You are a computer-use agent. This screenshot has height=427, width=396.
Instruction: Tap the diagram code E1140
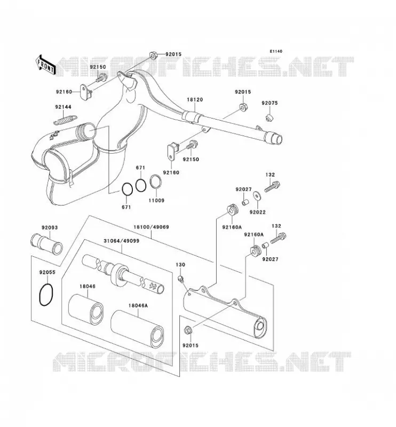pos(276,51)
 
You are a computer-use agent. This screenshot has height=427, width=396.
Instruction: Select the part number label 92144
pos(63,107)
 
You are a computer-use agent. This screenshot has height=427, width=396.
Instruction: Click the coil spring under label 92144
pos(65,120)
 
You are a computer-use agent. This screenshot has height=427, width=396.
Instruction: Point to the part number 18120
pos(195,100)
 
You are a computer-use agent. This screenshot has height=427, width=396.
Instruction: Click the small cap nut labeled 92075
pos(270,117)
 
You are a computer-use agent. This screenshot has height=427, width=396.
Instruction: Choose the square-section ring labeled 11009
pos(156,181)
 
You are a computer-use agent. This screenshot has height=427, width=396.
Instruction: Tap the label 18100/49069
pos(151,227)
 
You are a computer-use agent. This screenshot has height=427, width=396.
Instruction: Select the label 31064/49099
pos(122,241)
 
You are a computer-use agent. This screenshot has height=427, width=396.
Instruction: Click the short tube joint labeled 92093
pos(46,243)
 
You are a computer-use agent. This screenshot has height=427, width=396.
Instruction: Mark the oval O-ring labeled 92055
pos(46,295)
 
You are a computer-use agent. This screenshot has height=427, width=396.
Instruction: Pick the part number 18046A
pos(138,305)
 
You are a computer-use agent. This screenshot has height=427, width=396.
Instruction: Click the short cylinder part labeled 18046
pos(86,308)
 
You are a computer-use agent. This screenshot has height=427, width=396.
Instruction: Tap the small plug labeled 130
pos(180,278)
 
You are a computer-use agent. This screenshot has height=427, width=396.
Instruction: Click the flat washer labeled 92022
pos(257,195)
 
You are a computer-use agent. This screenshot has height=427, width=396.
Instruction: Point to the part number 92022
pos(257,212)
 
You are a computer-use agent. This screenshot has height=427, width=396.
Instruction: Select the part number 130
pos(180,265)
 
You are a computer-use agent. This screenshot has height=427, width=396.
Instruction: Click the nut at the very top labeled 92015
pos(153,56)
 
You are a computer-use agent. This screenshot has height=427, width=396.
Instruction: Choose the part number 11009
pos(156,201)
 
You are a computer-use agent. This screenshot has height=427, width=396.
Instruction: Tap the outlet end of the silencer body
pos(260,327)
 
